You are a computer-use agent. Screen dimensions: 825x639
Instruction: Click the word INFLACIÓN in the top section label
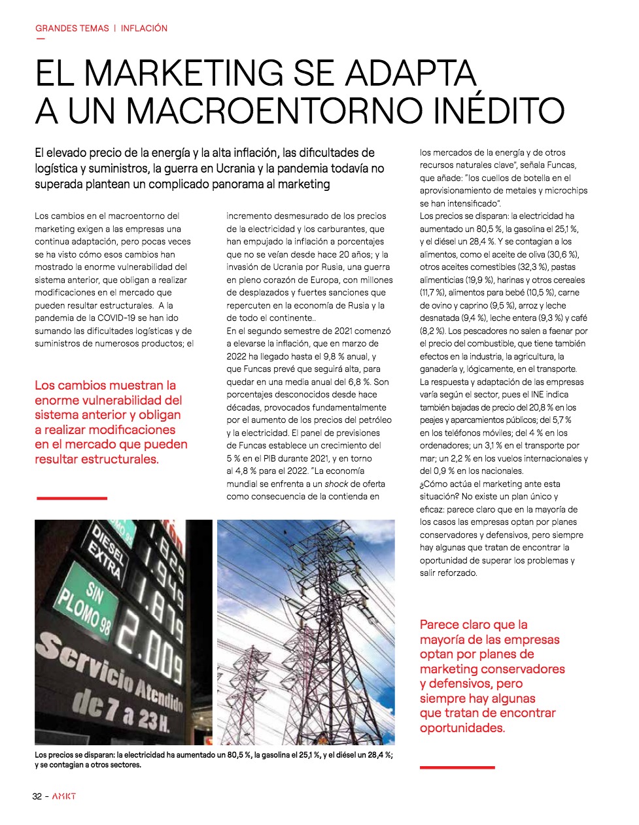[x=144, y=28]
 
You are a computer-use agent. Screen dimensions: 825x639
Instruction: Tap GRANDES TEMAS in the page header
[x=72, y=28]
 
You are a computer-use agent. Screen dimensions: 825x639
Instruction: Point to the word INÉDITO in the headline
[x=498, y=110]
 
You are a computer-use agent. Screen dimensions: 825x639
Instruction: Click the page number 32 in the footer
[x=38, y=796]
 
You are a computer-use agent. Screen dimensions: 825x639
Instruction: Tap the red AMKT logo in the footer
[x=64, y=796]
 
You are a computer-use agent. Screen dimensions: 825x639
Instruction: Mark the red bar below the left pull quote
[x=71, y=498]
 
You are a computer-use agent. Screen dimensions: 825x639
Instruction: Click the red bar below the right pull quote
[x=457, y=767]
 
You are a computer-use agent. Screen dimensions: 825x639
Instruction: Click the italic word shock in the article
[x=336, y=484]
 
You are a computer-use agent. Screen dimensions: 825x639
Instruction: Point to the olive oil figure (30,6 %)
[x=562, y=254]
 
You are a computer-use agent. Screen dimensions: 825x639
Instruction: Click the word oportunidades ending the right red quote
[x=462, y=728]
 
